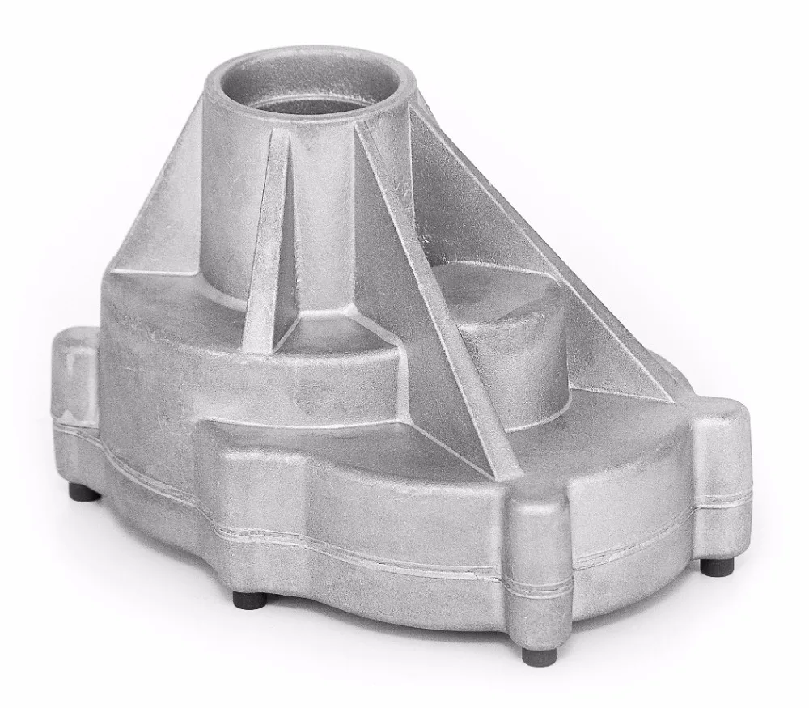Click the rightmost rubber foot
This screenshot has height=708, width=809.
pos(713,566)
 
